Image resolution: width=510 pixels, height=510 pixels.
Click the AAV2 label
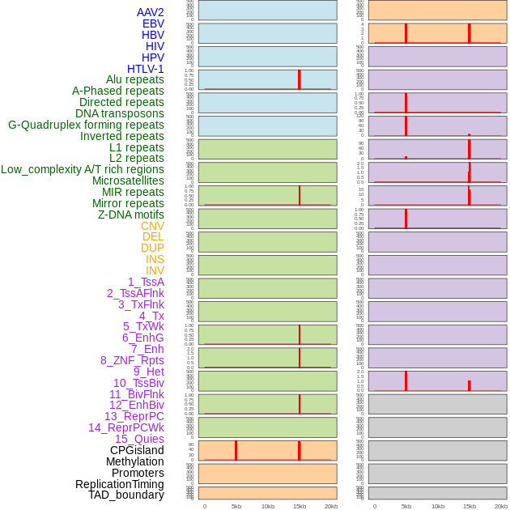click(150, 12)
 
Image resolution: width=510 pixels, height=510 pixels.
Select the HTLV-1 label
click(145, 69)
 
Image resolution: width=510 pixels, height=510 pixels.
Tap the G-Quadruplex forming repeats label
click(86, 125)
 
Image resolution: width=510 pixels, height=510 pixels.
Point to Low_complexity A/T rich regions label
click(83, 169)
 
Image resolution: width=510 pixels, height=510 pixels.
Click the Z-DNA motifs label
click(131, 215)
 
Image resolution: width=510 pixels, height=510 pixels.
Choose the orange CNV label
click(152, 226)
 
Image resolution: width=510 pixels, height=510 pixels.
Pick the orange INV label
click(155, 270)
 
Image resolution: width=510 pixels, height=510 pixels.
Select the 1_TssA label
click(146, 282)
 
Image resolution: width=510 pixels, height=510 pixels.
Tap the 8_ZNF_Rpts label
click(132, 360)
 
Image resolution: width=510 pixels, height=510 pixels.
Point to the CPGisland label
click(137, 450)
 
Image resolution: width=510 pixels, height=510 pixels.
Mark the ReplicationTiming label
click(120, 484)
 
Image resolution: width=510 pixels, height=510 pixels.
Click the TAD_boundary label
click(126, 495)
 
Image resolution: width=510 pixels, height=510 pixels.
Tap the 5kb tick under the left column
click(236, 506)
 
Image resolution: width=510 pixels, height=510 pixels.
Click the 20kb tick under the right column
click(501, 506)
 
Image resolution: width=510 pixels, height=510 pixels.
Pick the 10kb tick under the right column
click(438, 506)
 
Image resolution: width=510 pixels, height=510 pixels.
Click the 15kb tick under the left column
click(300, 506)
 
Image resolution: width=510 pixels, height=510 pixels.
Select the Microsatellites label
click(128, 181)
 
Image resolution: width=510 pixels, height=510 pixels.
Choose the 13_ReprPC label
click(134, 416)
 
